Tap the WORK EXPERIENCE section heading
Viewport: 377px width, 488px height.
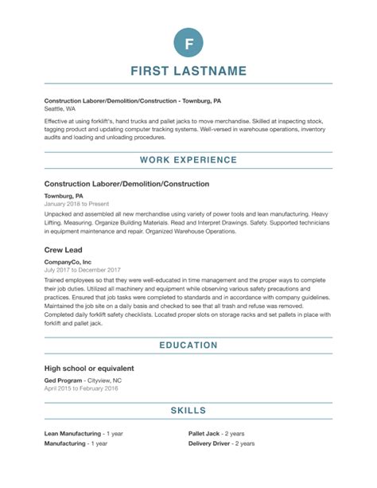[x=188, y=160]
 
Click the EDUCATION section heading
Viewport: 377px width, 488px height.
[x=188, y=345]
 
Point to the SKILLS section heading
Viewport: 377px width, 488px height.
[x=188, y=410]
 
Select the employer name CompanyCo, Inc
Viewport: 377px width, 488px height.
[x=68, y=260]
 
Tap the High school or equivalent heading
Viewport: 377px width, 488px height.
[x=89, y=369]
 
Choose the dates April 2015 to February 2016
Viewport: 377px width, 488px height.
[x=81, y=389]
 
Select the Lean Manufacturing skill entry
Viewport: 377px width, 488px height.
[x=78, y=434]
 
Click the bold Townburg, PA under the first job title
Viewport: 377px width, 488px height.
[x=64, y=195]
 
